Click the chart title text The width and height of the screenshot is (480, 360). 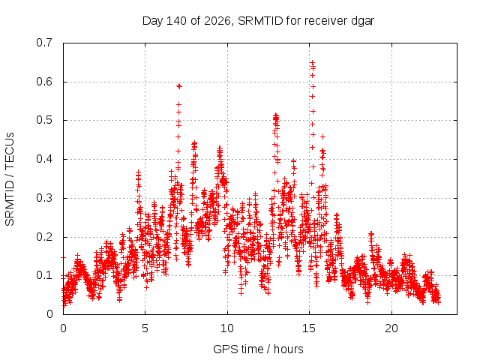point(258,21)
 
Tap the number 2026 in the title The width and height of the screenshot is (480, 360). point(217,21)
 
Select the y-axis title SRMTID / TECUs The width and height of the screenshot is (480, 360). point(10,179)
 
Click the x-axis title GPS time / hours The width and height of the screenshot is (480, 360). point(258,349)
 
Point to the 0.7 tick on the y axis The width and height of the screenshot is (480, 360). point(44,43)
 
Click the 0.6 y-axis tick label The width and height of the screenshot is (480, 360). point(44,82)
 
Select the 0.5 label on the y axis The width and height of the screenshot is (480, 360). point(44,120)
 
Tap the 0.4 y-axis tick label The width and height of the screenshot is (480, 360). point(44,159)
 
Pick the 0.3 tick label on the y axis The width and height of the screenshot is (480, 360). point(44,198)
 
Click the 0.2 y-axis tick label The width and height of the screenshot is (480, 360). point(44,237)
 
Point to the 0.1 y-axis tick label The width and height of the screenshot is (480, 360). point(44,275)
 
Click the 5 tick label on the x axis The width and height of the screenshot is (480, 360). point(145,328)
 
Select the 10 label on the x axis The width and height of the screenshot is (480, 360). point(227,328)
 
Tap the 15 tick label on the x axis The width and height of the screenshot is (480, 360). point(309,328)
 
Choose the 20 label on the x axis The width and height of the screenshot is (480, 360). point(391,328)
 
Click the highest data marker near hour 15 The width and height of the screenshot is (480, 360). point(312,63)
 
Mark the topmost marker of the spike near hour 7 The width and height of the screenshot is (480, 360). point(179,86)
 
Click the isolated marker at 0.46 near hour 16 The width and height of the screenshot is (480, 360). point(322,136)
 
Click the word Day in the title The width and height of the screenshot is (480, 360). point(153,21)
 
